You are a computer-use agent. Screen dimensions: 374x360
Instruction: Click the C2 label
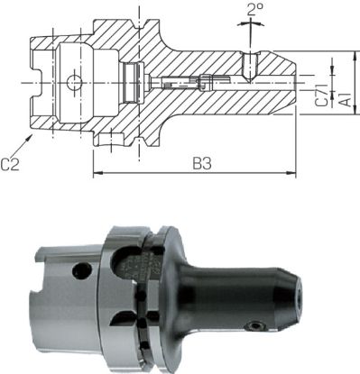[12, 163]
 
